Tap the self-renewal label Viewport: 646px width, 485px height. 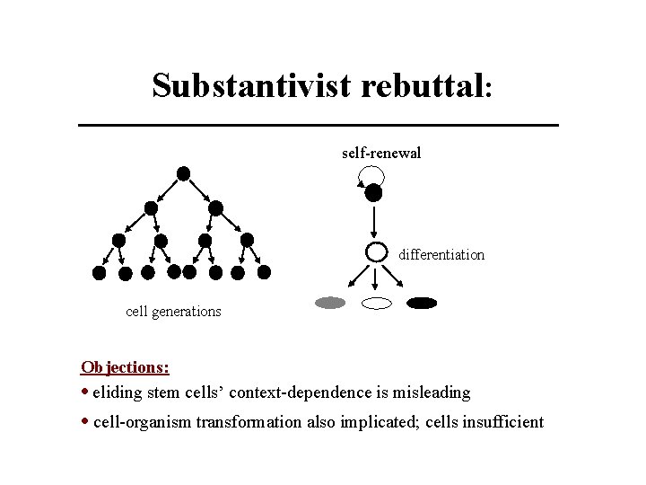[x=381, y=153]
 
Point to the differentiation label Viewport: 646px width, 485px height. [x=441, y=254]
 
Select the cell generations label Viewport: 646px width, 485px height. [x=173, y=312]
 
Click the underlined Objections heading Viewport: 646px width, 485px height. [x=126, y=366]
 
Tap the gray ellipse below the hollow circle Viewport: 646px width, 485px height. [x=330, y=303]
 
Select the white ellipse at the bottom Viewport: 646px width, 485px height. [x=377, y=304]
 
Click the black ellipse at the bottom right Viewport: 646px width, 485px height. [x=422, y=303]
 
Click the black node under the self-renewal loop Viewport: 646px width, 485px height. [x=374, y=192]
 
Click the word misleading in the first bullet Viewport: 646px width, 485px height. [x=435, y=392]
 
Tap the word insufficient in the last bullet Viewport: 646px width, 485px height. [x=502, y=421]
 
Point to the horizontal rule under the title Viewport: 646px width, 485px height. [x=319, y=124]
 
